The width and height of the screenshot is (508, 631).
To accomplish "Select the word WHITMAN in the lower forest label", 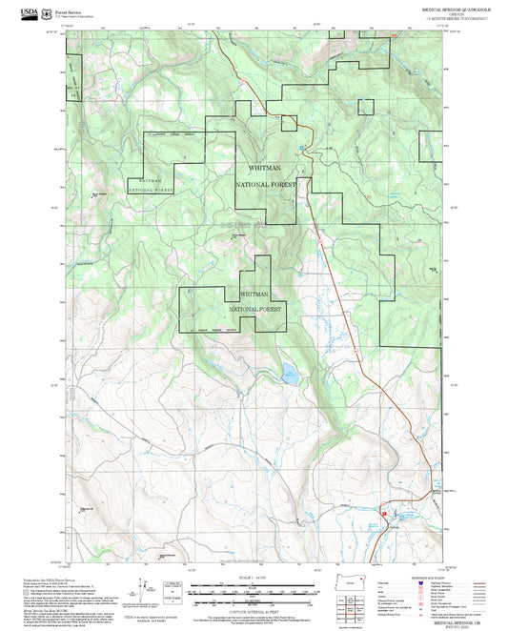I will (259, 295).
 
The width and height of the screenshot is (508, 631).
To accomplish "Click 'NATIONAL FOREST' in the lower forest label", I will (256, 310).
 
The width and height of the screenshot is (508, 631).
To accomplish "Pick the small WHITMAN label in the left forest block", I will (155, 179).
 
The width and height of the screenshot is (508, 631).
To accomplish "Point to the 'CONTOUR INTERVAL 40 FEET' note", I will (254, 610).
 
